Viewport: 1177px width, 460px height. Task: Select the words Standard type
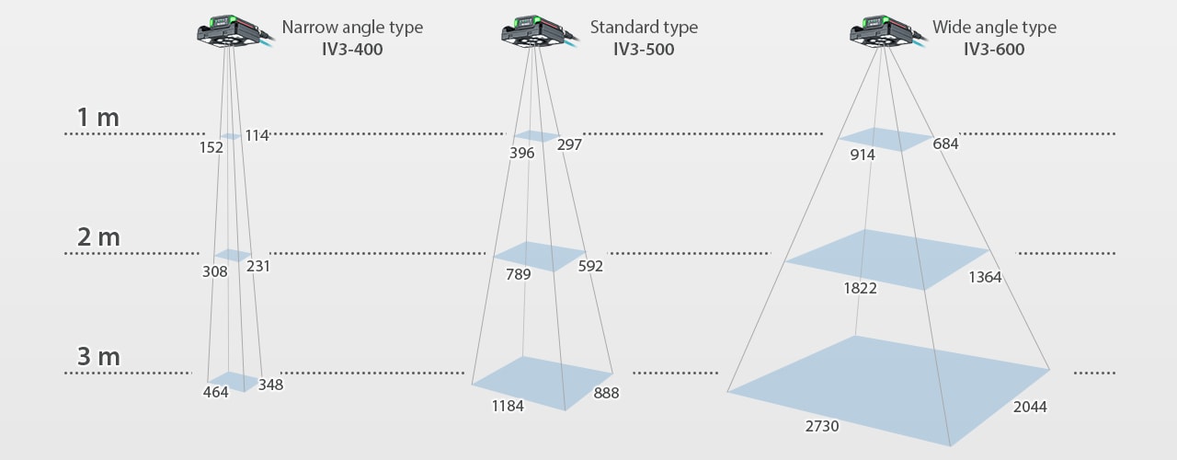(x=644, y=27)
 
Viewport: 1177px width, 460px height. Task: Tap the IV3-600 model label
(x=994, y=49)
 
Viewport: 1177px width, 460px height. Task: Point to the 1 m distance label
(x=98, y=118)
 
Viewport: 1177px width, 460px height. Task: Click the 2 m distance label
(x=98, y=237)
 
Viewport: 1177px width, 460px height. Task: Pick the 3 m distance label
(x=98, y=357)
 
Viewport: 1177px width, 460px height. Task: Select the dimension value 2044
(x=1029, y=407)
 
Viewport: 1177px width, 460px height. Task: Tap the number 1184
(x=508, y=406)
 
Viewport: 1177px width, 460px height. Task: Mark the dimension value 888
(x=606, y=393)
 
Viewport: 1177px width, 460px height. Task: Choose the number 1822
(x=860, y=288)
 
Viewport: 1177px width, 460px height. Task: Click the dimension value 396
(x=521, y=153)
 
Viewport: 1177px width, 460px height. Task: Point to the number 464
(x=215, y=392)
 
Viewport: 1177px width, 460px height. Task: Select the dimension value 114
(x=257, y=135)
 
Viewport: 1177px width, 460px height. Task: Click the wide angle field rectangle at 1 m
(x=886, y=139)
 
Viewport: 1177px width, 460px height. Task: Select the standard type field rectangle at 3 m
(x=543, y=382)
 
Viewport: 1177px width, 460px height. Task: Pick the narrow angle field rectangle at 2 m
(x=233, y=255)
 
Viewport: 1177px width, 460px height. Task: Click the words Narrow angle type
(x=352, y=27)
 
